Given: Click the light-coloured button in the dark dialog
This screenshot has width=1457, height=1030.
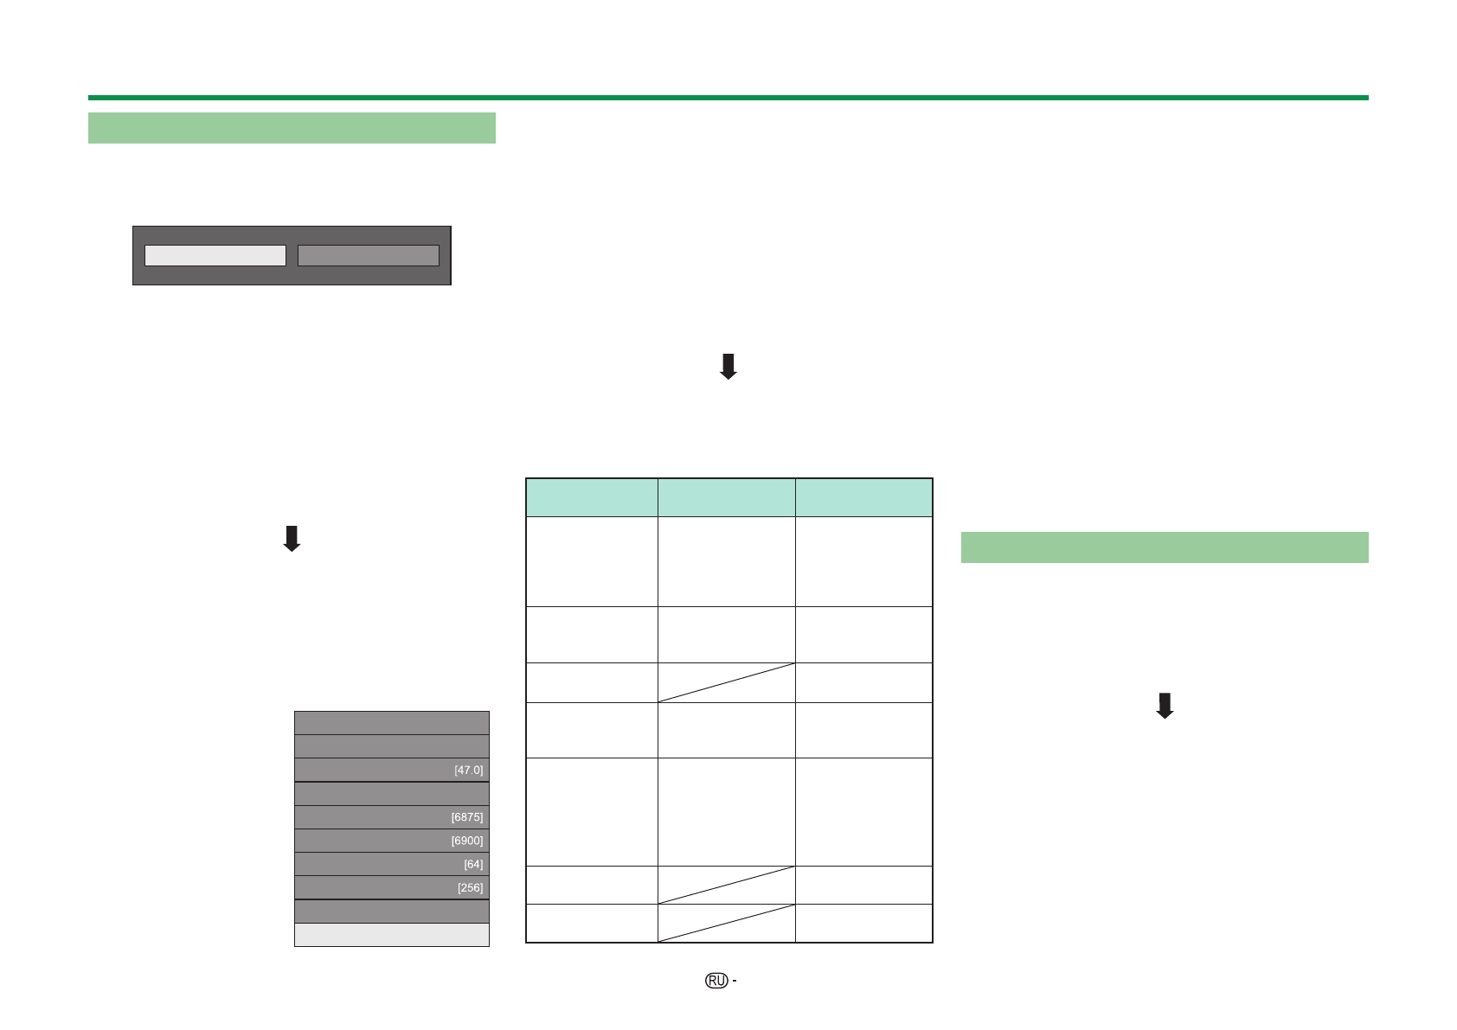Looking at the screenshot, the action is tap(215, 255).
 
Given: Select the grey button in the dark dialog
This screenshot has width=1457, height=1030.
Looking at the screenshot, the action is tap(368, 255).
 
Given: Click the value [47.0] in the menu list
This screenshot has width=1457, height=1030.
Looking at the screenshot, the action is tap(468, 770).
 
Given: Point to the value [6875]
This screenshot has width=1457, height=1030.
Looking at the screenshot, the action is tap(466, 817).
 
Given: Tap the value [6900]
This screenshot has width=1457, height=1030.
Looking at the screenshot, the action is tap(466, 841).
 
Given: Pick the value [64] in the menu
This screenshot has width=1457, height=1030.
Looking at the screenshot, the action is tap(472, 864).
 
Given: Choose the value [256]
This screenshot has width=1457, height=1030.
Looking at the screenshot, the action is tap(470, 887).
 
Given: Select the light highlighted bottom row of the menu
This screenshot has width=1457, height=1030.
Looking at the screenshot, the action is tap(391, 935).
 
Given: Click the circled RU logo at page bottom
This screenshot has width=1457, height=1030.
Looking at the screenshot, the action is tap(716, 980).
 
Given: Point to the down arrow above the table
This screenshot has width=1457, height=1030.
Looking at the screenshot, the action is tap(728, 367).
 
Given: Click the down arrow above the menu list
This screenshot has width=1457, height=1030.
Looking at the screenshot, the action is tap(292, 538).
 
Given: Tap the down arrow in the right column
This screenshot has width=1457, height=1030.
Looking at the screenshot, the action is tap(1165, 706).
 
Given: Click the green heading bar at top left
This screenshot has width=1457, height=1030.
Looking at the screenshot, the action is tap(292, 128).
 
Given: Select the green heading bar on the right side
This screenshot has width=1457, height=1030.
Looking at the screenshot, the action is tap(1164, 547).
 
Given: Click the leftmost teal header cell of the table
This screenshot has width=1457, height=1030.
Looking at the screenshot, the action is tap(592, 497).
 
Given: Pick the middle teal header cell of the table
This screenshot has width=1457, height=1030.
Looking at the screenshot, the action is tap(726, 497).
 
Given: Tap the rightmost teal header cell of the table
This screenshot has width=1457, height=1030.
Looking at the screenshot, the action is tap(863, 497).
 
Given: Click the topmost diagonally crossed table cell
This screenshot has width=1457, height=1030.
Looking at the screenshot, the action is tap(726, 682).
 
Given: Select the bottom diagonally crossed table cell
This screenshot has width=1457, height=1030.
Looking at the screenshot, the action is tap(726, 923).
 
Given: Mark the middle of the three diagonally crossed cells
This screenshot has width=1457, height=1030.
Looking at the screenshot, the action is tap(726, 885).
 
